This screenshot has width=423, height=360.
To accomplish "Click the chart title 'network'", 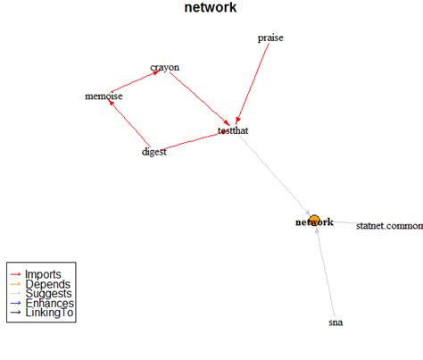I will (211, 8).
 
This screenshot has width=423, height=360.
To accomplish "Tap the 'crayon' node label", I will (165, 68).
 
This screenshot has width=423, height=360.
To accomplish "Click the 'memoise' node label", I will (104, 96).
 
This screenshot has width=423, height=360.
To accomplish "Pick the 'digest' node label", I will (154, 151).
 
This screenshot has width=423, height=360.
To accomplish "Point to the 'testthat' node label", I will (233, 132).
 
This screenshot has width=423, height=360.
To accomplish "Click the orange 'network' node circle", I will (314, 221).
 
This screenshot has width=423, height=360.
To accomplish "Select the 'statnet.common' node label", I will (388, 227).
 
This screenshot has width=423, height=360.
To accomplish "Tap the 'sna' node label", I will (336, 322).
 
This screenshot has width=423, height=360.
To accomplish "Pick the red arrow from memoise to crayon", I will (136, 82).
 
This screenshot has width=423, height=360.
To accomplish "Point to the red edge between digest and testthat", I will (192, 141).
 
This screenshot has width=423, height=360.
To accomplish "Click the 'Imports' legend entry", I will (42, 273).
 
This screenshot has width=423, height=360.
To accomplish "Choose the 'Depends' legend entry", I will (44, 284).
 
